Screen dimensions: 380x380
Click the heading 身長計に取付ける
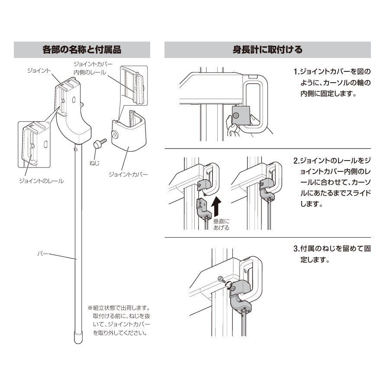[x=267, y=50]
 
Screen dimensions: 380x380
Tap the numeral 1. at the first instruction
[x=296, y=71]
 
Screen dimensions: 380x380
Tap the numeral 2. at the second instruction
[x=296, y=161]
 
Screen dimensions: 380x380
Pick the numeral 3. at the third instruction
[x=296, y=249]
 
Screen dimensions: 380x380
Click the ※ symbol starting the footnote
[x=90, y=308]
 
